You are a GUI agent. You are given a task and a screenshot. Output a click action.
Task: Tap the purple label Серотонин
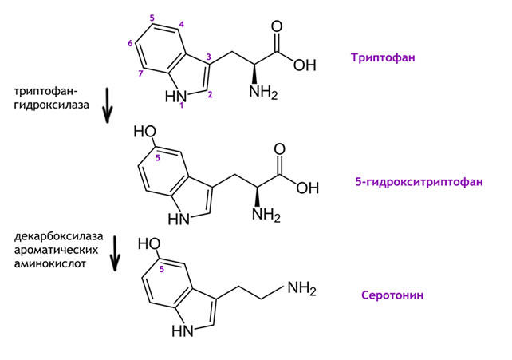click(392, 295)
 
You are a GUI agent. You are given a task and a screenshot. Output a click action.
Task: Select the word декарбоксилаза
click(57, 237)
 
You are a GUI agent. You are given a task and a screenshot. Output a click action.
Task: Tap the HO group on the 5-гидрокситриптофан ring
click(144, 131)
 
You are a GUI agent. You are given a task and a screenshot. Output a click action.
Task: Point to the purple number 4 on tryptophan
click(182, 25)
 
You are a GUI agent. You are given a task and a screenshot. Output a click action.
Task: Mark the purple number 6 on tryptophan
click(129, 43)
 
